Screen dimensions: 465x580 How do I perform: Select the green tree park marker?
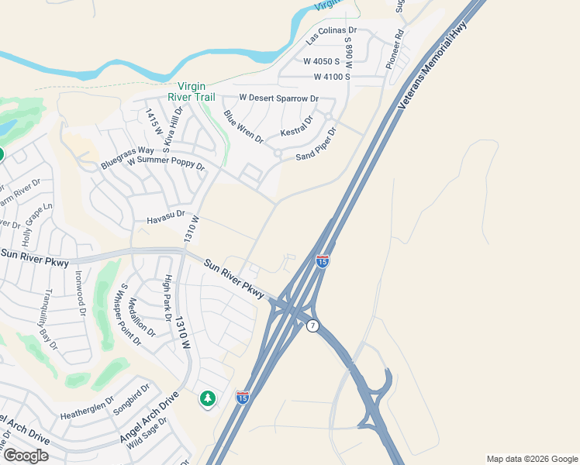click(x=207, y=398)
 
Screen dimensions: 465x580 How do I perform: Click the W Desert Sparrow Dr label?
click(x=278, y=98)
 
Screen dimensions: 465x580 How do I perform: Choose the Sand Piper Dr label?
click(x=317, y=145)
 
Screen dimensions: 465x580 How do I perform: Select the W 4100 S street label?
click(x=338, y=77)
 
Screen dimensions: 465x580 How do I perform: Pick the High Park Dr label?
click(x=167, y=298)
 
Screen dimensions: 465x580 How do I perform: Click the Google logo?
click(x=25, y=456)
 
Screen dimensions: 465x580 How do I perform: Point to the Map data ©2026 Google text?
click(x=531, y=459)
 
